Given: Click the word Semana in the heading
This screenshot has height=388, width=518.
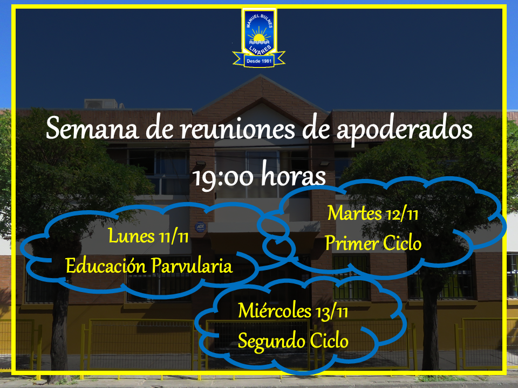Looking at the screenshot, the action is click(92, 128).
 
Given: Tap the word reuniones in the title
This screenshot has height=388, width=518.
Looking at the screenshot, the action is click(237, 129).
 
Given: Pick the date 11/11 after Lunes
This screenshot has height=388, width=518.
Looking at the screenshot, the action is click(173, 237).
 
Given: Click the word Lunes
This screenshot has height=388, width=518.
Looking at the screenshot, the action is click(131, 236).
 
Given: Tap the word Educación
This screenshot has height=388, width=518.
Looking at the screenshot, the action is click(106, 266).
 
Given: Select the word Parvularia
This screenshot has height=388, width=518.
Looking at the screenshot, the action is click(192, 265).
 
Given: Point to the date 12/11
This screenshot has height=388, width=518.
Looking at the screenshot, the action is click(403, 214).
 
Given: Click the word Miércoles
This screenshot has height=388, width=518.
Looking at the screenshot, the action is click(275, 311).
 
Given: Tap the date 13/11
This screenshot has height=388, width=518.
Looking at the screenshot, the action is click(332, 312).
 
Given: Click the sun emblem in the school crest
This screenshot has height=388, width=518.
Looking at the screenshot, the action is click(258, 36).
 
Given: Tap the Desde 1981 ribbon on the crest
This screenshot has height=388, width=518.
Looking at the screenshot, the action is click(259, 60).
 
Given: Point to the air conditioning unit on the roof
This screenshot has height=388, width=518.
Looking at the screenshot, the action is click(101, 103).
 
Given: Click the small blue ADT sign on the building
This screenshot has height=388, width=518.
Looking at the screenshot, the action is click(200, 227).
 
